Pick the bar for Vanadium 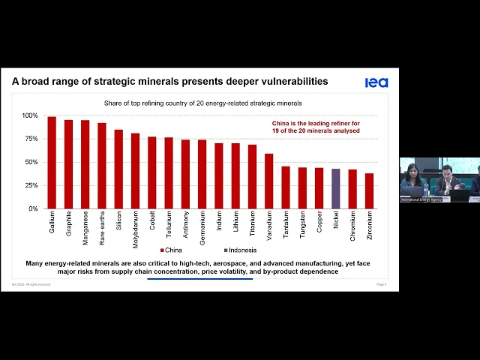[268, 181]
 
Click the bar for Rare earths [102, 166]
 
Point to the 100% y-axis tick [29, 115]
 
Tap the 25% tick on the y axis [31, 185]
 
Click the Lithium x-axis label [235, 223]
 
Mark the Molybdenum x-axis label [136, 228]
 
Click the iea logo [376, 82]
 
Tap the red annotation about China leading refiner [316, 126]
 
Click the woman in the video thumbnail [412, 180]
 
